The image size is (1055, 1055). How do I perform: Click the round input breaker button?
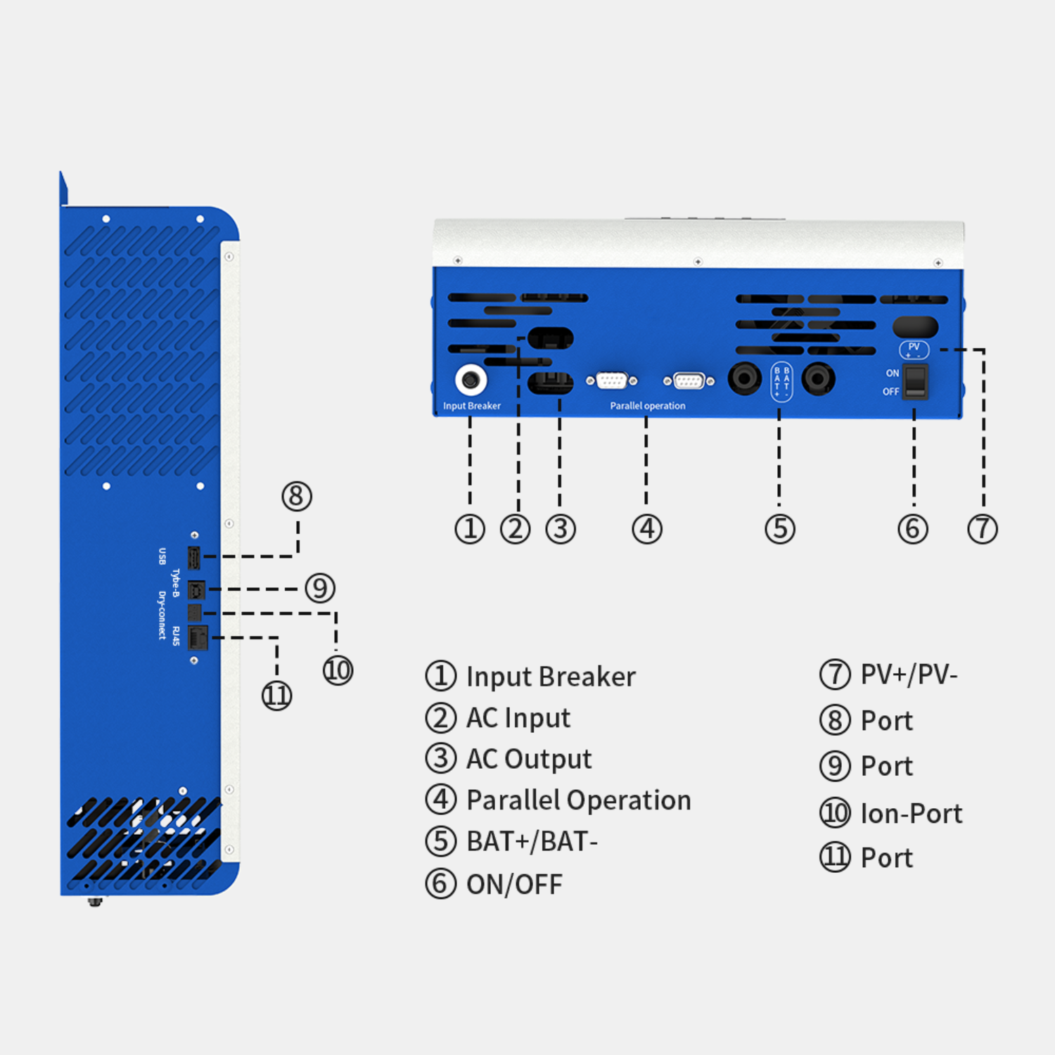click(x=471, y=381)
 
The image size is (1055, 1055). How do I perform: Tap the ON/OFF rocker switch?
click(x=914, y=382)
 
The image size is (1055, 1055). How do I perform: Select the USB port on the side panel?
click(x=195, y=557)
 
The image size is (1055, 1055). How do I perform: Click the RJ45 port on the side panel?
click(x=198, y=638)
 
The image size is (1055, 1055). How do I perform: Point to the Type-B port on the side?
click(x=197, y=589)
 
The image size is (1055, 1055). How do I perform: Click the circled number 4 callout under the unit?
click(x=647, y=529)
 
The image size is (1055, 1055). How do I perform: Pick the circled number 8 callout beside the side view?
click(x=297, y=496)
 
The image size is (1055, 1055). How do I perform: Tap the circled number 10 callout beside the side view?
click(x=338, y=670)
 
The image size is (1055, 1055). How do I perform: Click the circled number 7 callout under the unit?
click(x=983, y=529)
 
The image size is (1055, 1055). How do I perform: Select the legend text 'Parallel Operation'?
click(x=578, y=800)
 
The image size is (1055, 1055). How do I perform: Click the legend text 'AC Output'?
click(x=529, y=760)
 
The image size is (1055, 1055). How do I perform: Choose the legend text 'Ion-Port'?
click(x=911, y=814)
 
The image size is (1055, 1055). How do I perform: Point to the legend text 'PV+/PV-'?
click(x=909, y=674)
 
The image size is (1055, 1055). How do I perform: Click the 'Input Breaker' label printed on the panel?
click(x=471, y=406)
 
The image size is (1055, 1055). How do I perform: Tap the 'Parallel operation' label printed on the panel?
click(x=647, y=406)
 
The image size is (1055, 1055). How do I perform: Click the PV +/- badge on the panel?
click(x=914, y=350)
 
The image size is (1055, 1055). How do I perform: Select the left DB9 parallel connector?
click(x=611, y=381)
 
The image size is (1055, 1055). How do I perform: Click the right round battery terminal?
click(x=818, y=379)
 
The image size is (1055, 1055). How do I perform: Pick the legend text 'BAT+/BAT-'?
click(x=532, y=842)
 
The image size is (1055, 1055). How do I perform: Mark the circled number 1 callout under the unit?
click(x=470, y=529)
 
